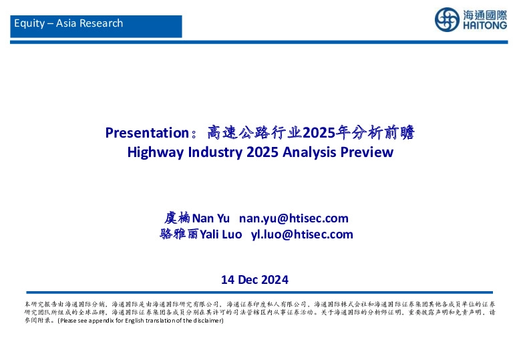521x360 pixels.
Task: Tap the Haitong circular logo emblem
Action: click(x=446, y=20)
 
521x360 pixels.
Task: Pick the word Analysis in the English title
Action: click(x=307, y=152)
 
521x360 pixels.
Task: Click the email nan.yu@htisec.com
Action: click(x=294, y=218)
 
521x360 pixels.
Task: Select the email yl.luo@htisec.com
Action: click(x=302, y=234)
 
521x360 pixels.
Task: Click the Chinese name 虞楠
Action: click(x=178, y=218)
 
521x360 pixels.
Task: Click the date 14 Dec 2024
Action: click(x=254, y=279)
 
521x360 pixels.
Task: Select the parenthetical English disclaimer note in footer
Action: click(x=140, y=321)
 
